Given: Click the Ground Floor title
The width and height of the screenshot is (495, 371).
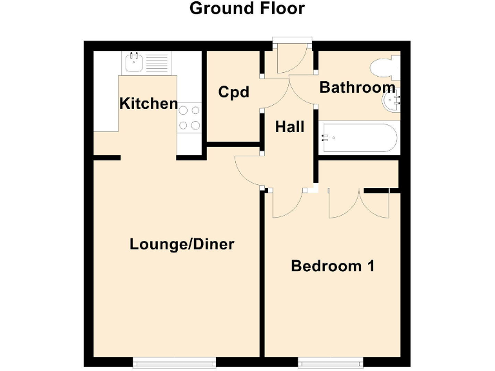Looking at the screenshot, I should click(247, 9).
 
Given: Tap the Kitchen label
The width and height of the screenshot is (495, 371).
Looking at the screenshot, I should click(149, 103).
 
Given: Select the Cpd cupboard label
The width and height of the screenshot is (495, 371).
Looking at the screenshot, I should click(233, 92).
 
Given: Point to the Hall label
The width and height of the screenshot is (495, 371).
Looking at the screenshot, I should click(289, 127).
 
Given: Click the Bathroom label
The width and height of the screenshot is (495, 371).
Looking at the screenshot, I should click(357, 88).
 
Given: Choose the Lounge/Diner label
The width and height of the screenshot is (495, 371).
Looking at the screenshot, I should click(182, 244).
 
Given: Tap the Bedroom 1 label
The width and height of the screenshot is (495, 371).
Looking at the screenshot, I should click(333, 265).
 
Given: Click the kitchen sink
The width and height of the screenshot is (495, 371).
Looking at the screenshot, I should click(134, 63).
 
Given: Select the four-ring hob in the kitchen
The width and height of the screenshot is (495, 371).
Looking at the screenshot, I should click(188, 117).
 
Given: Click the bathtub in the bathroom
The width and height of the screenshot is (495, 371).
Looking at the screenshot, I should click(358, 137).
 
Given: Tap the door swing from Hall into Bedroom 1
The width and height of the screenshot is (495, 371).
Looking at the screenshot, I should click(287, 203).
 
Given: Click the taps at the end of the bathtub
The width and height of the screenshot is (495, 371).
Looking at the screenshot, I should click(326, 137).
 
